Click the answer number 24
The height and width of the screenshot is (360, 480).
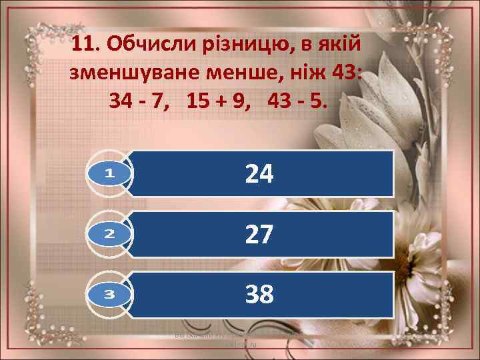click(x=259, y=174)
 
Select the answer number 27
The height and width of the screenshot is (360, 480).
click(x=259, y=234)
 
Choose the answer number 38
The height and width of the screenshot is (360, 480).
click(x=259, y=293)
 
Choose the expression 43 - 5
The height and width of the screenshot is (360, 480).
click(x=297, y=101)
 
